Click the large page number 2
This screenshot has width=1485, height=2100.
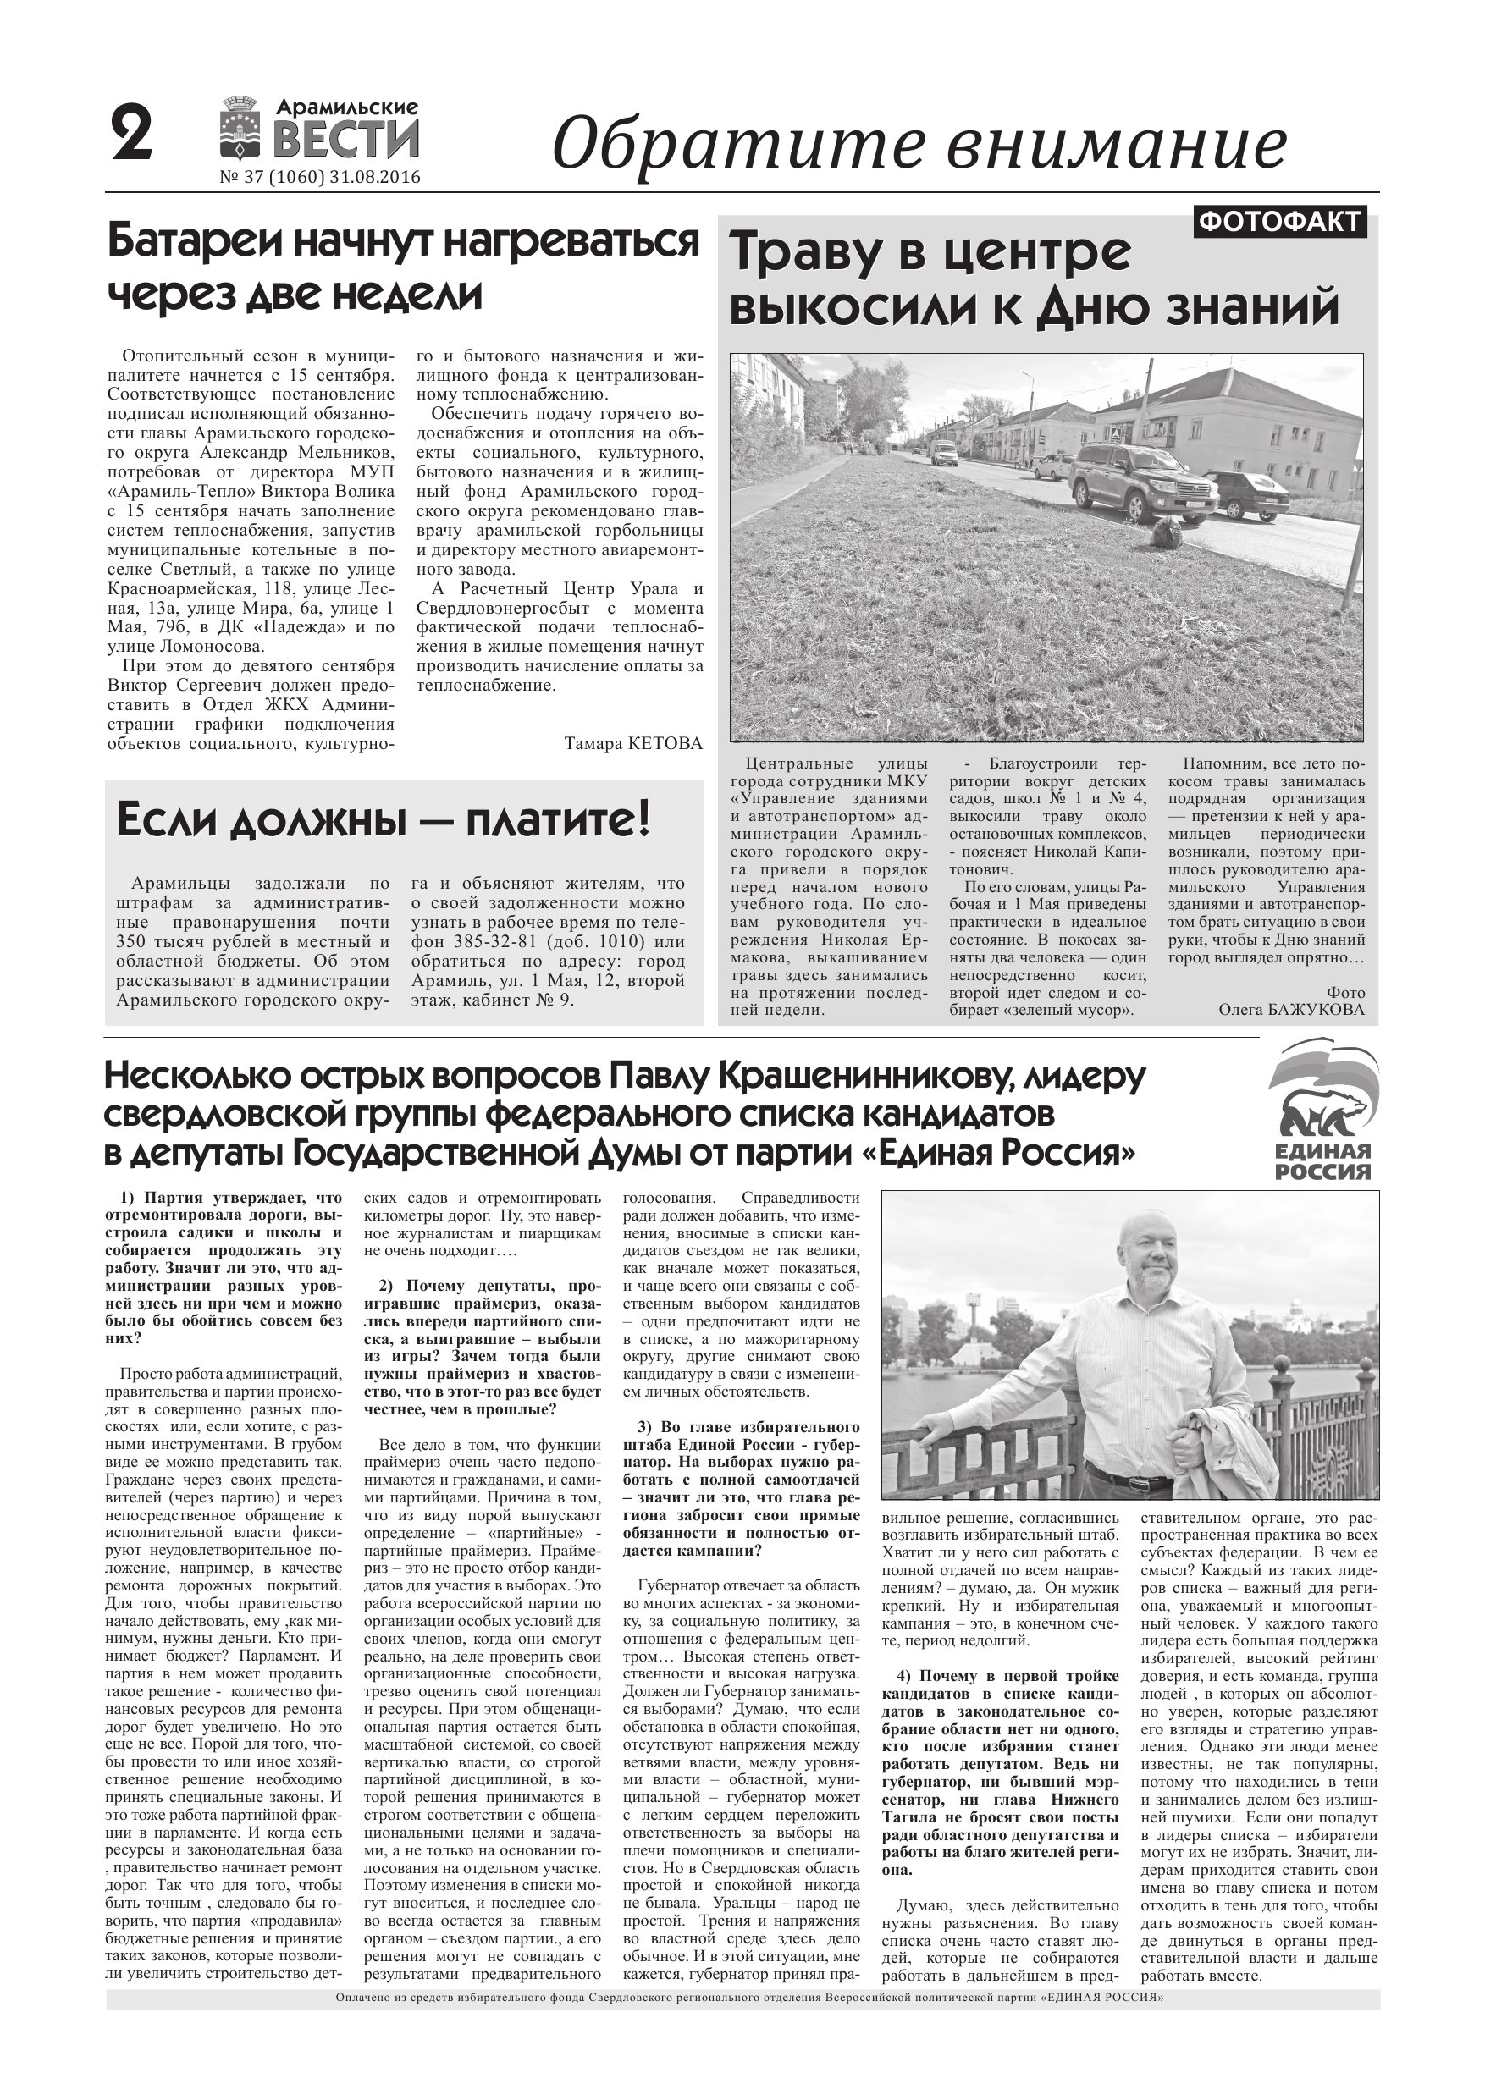click(x=132, y=135)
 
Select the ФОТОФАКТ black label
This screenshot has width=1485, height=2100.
click(x=1279, y=223)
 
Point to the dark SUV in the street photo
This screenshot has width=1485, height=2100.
click(x=1142, y=479)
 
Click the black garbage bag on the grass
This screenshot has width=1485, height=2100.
click(x=1168, y=533)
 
